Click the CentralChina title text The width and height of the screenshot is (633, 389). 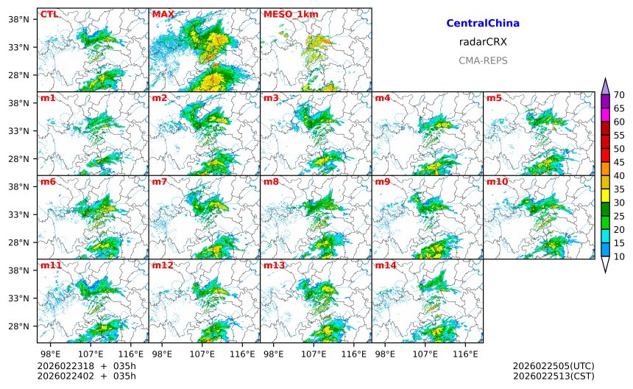(483, 24)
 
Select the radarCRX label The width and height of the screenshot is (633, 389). (483, 42)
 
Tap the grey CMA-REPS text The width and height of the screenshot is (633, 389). (483, 60)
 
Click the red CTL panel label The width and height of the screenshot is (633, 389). (49, 14)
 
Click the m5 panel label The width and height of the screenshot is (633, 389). (494, 98)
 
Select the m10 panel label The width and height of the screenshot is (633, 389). (497, 181)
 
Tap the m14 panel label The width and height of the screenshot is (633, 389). (386, 264)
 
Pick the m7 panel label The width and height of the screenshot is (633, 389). (160, 181)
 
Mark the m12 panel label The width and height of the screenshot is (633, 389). (163, 264)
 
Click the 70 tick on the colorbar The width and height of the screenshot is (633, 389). (619, 94)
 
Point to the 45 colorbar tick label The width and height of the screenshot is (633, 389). (619, 162)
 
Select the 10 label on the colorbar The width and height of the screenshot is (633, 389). (619, 256)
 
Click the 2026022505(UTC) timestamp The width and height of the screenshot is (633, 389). (553, 366)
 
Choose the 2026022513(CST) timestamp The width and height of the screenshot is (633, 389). (553, 376)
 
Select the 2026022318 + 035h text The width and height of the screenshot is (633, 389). (86, 366)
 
